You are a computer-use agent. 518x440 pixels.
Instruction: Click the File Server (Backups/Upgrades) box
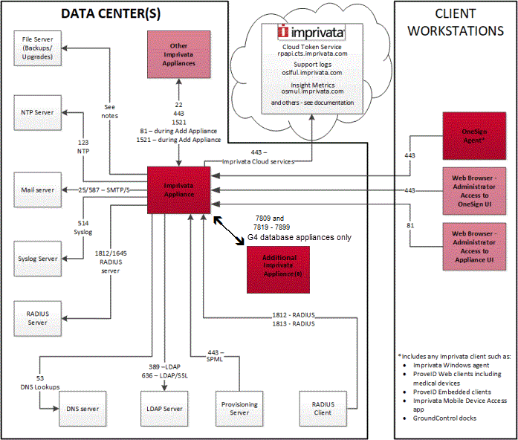coord(38,48)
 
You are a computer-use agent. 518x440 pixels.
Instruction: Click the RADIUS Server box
coord(38,318)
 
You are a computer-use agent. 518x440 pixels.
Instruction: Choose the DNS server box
coord(80,409)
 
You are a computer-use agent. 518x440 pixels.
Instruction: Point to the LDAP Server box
coord(163,409)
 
